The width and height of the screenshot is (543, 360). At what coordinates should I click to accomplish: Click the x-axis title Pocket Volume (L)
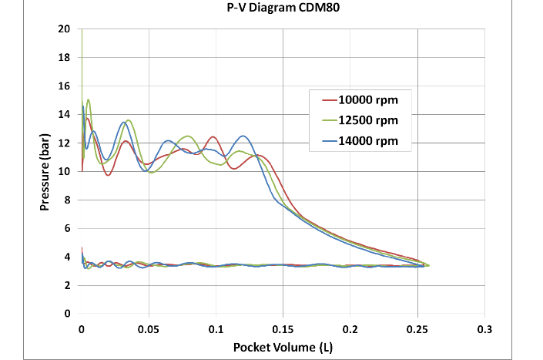(x=282, y=348)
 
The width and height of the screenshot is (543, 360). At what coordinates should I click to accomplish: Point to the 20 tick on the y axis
(x=65, y=29)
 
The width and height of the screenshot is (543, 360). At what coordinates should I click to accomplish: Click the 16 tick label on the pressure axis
(x=65, y=86)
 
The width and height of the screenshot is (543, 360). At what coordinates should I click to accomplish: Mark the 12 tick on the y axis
(x=65, y=143)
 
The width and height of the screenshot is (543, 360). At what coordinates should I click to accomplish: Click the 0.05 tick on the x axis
(x=149, y=328)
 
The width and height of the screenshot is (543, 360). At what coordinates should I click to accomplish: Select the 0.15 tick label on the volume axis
(x=283, y=328)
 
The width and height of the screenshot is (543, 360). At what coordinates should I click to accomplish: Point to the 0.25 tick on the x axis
(x=417, y=328)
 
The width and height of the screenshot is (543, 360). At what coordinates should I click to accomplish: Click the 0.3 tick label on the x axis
(x=484, y=328)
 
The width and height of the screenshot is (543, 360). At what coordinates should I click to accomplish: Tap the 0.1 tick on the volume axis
(x=216, y=328)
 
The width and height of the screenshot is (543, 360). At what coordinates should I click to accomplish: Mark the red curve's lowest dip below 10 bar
(x=109, y=175)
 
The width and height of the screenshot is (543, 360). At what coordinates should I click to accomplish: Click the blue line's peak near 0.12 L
(x=243, y=136)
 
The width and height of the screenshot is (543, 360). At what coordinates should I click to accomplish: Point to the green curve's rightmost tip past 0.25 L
(x=429, y=265)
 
